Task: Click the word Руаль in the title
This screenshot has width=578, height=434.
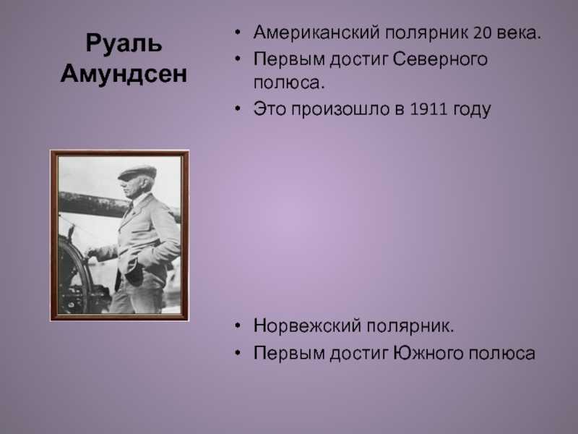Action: point(124,44)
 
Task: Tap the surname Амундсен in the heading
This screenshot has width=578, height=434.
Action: point(124,74)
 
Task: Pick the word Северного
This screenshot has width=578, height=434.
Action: point(440,59)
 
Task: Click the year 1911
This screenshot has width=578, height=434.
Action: point(428,109)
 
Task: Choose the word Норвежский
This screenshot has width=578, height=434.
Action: point(307,326)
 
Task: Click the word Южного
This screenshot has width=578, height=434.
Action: point(428,353)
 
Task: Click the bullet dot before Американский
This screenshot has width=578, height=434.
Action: point(238,33)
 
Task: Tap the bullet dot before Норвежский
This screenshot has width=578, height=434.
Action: point(238,326)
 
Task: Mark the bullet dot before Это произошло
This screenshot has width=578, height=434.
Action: point(238,109)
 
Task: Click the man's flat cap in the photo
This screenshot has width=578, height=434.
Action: point(137,173)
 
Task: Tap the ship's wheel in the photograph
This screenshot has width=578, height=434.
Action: point(74,275)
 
